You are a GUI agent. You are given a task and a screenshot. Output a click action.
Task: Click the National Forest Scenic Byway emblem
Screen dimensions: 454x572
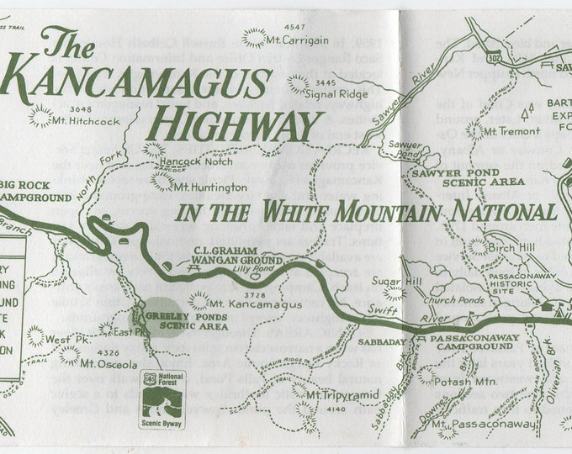162,399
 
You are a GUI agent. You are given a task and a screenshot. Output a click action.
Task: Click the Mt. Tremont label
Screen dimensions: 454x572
509,131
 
